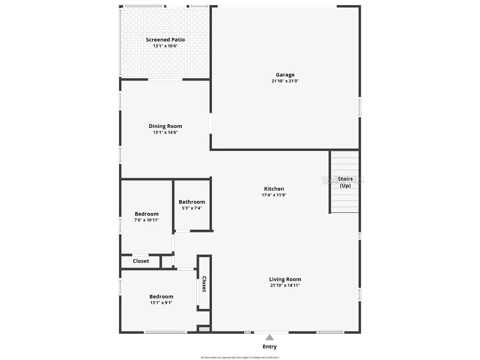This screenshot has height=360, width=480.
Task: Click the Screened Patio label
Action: click(x=165, y=40)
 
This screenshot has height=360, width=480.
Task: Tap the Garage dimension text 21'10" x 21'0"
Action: click(x=285, y=81)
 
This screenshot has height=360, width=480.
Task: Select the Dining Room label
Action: click(x=165, y=126)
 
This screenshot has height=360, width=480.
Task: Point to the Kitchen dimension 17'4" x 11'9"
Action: click(x=274, y=195)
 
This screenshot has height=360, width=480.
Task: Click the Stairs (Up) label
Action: click(x=345, y=182)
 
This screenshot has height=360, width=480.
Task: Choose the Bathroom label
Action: click(x=192, y=202)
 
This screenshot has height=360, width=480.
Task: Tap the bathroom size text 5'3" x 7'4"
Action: click(x=192, y=208)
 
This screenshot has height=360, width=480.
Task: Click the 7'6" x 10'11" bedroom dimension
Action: click(x=147, y=220)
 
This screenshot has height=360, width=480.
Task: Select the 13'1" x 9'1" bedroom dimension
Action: click(x=161, y=303)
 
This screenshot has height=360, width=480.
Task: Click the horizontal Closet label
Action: click(x=141, y=261)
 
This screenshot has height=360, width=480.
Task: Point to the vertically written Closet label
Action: click(x=204, y=284)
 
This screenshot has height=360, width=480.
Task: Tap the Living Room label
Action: click(x=285, y=279)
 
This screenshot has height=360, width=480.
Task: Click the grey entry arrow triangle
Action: click(x=270, y=337)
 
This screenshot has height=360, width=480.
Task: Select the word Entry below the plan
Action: click(x=270, y=347)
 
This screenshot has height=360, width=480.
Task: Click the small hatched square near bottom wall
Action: click(x=203, y=330)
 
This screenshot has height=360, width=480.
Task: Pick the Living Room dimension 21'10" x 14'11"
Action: click(x=285, y=285)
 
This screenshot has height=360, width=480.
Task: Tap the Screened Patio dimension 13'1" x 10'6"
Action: click(x=165, y=46)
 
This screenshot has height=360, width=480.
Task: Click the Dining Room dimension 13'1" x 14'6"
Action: click(x=165, y=132)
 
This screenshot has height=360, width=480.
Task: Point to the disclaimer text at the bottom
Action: click(x=240, y=357)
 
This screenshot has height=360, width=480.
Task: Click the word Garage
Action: click(x=285, y=75)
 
